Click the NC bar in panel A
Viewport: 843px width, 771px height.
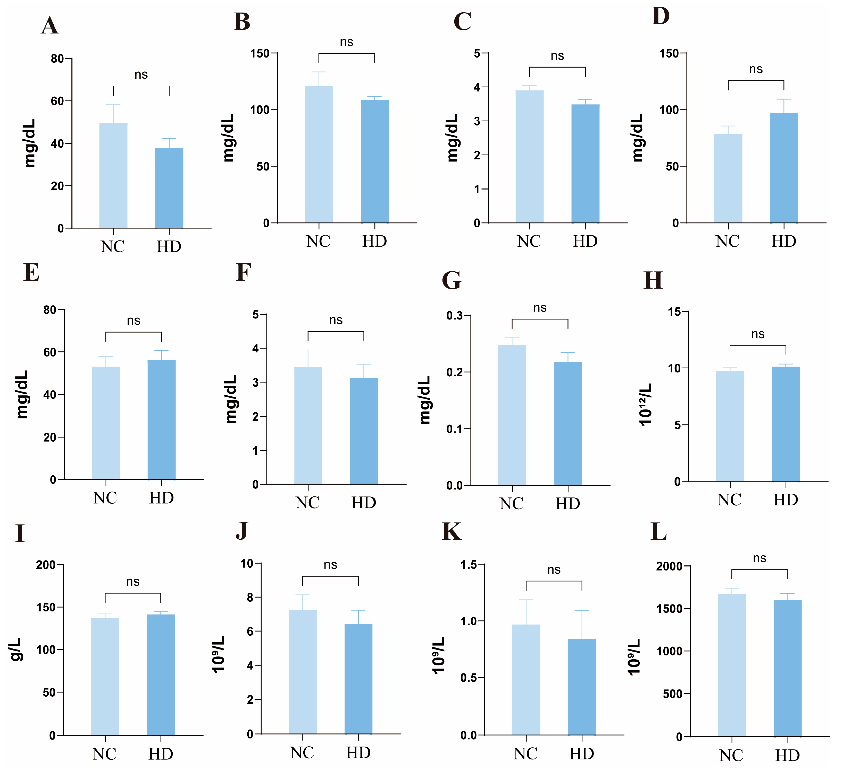(113, 176)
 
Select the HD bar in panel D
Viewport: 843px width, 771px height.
(784, 168)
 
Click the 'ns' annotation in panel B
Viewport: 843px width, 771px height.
(347, 42)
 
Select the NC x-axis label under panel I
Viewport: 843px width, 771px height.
(105, 754)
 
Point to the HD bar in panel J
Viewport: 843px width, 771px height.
(358, 679)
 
